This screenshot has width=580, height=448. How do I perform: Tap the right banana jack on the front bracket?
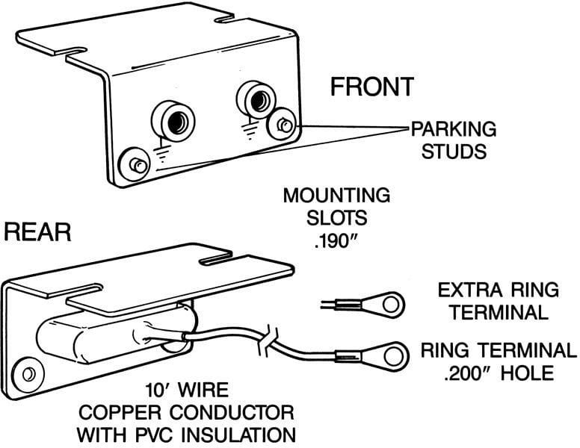click(x=255, y=96)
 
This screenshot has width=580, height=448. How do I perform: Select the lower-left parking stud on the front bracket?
click(x=137, y=162)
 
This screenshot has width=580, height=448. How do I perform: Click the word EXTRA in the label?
click(x=463, y=289)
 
